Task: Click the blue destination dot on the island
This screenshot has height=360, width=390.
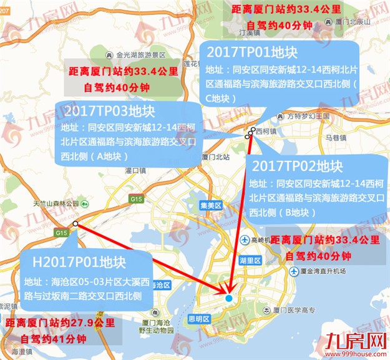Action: click(x=228, y=298)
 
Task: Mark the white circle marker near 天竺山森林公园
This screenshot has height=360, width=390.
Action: click(x=75, y=223)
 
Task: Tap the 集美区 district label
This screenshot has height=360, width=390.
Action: click(x=212, y=205)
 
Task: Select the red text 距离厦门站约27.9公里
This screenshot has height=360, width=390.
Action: click(x=60, y=324)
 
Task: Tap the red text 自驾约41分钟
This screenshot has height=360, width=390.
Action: click(x=53, y=339)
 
